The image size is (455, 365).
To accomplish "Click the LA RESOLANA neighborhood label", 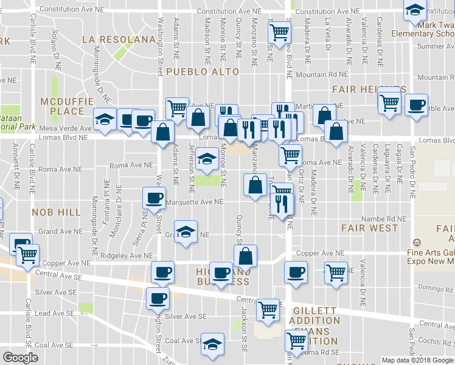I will click(119, 40).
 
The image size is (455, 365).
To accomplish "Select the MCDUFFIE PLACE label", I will click(63, 106).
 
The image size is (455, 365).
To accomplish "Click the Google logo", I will click(20, 358).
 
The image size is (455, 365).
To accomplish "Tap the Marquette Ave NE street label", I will click(195, 202).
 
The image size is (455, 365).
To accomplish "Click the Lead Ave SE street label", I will click(54, 313).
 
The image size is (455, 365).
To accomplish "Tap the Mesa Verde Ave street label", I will click(64, 128).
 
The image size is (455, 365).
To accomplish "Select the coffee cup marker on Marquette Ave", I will click(154, 197).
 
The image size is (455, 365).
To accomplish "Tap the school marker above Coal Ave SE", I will click(212, 345).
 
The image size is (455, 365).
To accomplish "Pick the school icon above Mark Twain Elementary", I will click(415, 10).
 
